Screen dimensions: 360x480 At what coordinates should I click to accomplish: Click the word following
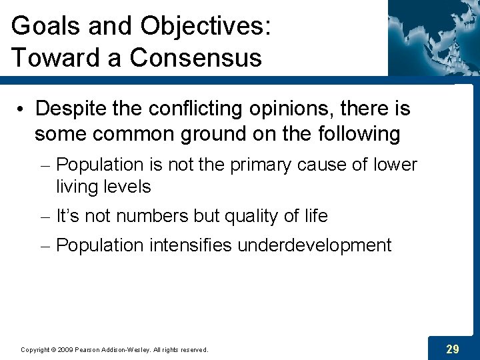pyautogui.click(x=356, y=134)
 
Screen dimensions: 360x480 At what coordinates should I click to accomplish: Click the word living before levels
pyautogui.click(x=76, y=187)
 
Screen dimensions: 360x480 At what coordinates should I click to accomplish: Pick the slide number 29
pyautogui.click(x=452, y=349)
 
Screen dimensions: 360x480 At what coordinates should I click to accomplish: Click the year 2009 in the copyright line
pyautogui.click(x=65, y=349)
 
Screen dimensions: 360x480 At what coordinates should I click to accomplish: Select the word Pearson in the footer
pyautogui.click(x=87, y=349)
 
